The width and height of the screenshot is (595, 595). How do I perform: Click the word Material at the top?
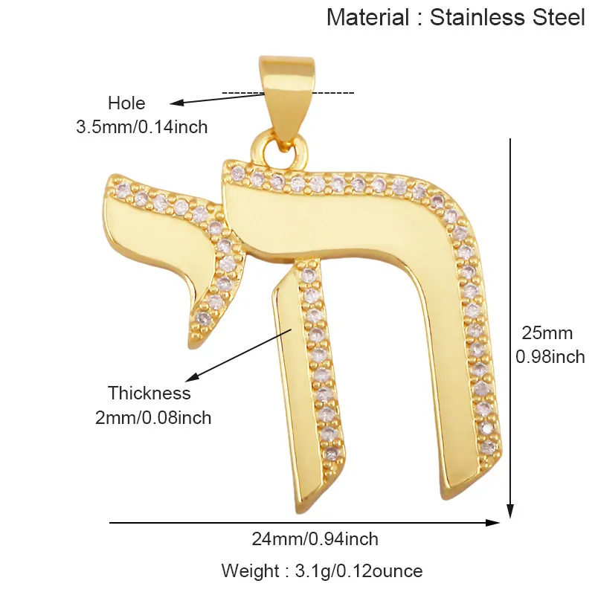pos(367,17)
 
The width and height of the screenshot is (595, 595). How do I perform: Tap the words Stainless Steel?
pos(507,17)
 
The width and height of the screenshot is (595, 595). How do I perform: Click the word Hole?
pos(126,103)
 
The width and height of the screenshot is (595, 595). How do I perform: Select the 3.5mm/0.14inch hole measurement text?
pos(142,127)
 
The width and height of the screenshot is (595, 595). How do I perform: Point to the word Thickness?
pos(149,393)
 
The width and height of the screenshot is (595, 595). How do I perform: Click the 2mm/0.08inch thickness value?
pos(153,418)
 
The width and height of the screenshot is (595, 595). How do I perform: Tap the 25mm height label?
pos(547,333)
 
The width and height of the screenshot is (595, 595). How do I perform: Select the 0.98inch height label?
pos(550,357)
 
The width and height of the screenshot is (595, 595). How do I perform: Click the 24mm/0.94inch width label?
pos(315,539)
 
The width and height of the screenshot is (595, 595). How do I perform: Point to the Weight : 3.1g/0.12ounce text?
pos(322,570)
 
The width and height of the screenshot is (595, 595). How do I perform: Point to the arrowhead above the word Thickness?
pos(192,377)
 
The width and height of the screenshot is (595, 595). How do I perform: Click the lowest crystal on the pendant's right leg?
pos(488,448)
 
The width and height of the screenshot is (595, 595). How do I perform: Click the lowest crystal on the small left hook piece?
pos(204,318)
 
